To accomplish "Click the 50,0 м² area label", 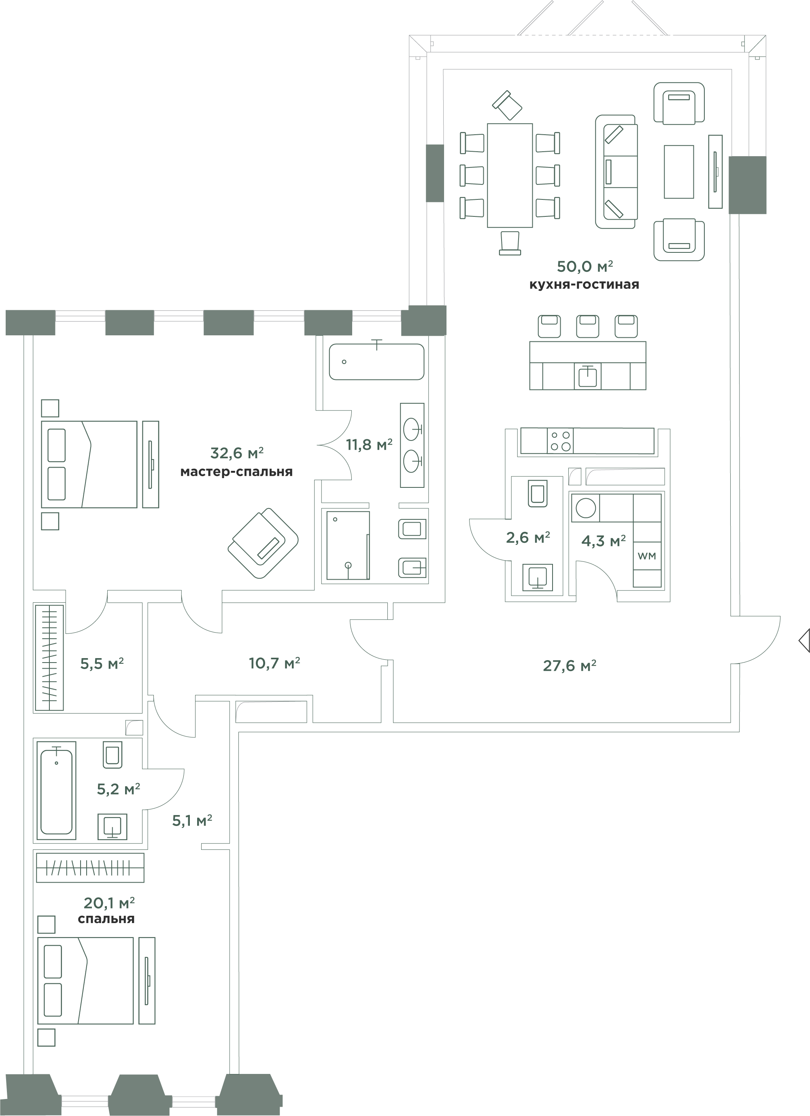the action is pyautogui.click(x=585, y=266).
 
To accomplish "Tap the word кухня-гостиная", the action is pyautogui.click(x=584, y=284).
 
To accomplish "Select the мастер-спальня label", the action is pyautogui.click(x=236, y=471).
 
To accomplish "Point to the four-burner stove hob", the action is pyautogui.click(x=560, y=440).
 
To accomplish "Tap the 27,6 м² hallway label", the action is pyautogui.click(x=570, y=666).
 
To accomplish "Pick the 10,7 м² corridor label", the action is pyautogui.click(x=274, y=663).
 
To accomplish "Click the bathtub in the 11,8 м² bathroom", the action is pyautogui.click(x=377, y=362).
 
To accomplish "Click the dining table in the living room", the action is pyautogui.click(x=510, y=175).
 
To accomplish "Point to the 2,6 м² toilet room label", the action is pyautogui.click(x=528, y=537).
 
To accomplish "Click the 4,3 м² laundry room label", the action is pyautogui.click(x=604, y=541).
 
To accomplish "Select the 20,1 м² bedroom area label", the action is pyautogui.click(x=109, y=903).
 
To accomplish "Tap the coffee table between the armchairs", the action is pyautogui.click(x=678, y=172).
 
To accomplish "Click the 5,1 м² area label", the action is pyautogui.click(x=192, y=820).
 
